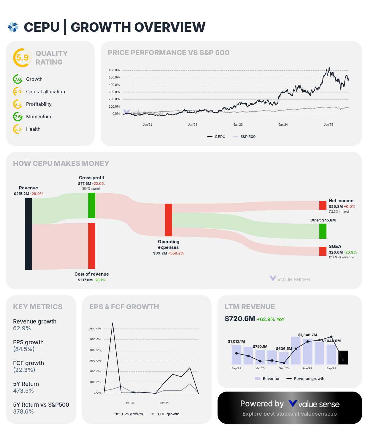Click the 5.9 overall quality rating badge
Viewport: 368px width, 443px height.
click(x=22, y=57)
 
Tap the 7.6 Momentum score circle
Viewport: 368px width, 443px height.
click(x=18, y=117)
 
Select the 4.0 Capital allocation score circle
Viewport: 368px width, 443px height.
click(x=18, y=92)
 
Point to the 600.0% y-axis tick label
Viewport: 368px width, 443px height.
click(x=114, y=70)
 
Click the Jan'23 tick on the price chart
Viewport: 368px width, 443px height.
click(x=238, y=125)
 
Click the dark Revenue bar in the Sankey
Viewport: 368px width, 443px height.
click(x=28, y=234)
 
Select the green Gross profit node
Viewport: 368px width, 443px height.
click(x=92, y=205)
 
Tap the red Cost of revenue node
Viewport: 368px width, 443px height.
click(x=92, y=246)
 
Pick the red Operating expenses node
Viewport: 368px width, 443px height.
click(x=169, y=220)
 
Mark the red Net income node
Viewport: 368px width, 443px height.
click(x=323, y=205)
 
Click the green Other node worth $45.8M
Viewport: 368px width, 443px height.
click(x=323, y=231)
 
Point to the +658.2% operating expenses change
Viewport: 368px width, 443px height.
click(x=176, y=253)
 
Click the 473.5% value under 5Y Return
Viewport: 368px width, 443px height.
click(x=23, y=391)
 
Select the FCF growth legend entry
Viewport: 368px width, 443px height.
click(x=165, y=414)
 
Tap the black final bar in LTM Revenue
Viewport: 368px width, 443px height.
click(x=343, y=357)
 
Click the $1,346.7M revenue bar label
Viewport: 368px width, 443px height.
click(x=307, y=335)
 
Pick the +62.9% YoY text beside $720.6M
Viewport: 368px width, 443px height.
click(x=271, y=319)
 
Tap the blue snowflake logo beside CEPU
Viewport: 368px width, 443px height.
click(x=13, y=27)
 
